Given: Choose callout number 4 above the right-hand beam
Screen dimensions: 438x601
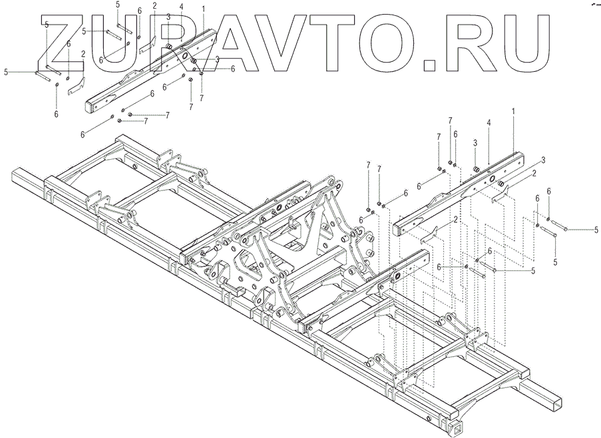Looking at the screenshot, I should (x=488, y=123).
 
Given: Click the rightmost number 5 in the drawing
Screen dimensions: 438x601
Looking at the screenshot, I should (x=596, y=230).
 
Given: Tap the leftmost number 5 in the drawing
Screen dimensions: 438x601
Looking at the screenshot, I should (x=6, y=71).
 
